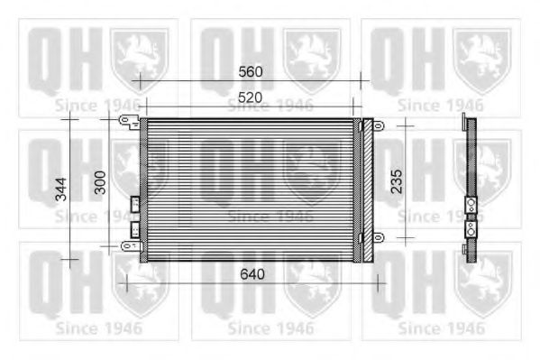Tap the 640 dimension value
point(252,274)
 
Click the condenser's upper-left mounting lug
point(129,126)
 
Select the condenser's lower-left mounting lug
point(129,245)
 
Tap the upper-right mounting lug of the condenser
point(379,126)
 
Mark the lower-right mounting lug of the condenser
point(379,237)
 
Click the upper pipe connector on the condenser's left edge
point(135,204)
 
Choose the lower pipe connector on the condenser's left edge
point(135,230)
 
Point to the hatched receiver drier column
point(365,189)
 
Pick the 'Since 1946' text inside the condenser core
point(270,217)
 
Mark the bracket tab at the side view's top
point(463,120)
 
